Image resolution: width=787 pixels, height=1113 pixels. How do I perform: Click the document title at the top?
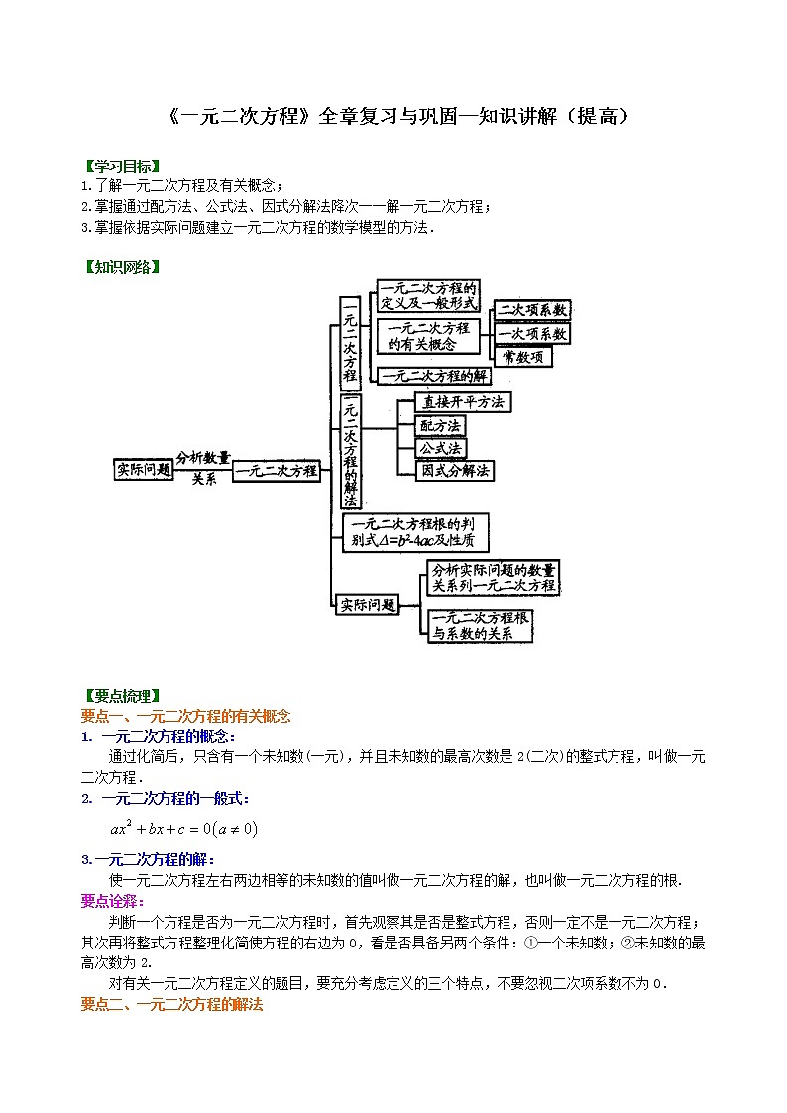(393, 117)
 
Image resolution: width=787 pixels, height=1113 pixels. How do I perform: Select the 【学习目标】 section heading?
(120, 166)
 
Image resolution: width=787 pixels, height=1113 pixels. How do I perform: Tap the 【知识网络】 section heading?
(120, 267)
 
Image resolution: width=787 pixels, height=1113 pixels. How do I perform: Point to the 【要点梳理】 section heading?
(120, 696)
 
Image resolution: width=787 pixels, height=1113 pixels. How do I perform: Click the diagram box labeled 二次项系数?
(533, 310)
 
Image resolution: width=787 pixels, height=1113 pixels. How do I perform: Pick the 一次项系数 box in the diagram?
(533, 334)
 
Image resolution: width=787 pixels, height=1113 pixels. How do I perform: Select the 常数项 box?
(522, 357)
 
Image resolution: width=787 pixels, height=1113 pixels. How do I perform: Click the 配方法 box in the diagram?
(440, 425)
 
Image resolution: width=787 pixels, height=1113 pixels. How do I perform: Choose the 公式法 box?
(440, 448)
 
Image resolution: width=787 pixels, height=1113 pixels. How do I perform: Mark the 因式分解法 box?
(455, 471)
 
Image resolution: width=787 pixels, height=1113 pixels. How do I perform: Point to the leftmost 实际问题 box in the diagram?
(144, 469)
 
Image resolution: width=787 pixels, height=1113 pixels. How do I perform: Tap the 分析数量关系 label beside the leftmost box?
(203, 467)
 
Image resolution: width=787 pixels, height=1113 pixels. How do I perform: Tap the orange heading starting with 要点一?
(184, 716)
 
